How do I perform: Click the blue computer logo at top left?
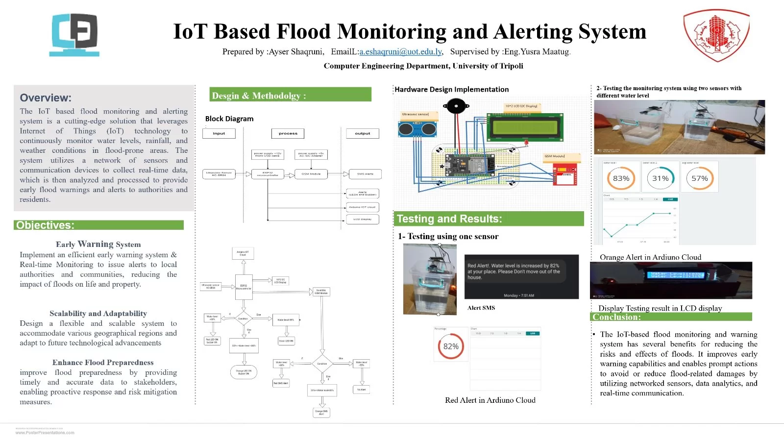point(75,34)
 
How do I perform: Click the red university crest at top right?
point(716,35)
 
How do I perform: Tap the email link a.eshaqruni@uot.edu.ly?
point(400,51)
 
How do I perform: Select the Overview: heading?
point(46,98)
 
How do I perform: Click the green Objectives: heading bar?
point(98,225)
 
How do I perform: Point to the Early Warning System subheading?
point(98,244)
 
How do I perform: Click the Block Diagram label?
point(229,119)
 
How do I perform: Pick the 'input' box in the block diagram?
point(219,133)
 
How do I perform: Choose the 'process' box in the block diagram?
point(288,133)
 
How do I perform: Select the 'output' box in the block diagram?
point(363,133)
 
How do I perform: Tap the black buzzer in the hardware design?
point(455,105)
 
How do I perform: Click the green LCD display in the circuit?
point(525,127)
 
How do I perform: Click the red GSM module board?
point(565,174)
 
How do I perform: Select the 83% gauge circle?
point(621,178)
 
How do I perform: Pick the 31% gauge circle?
point(660,178)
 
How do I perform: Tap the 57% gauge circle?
point(699,178)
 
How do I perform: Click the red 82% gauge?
point(451,346)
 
